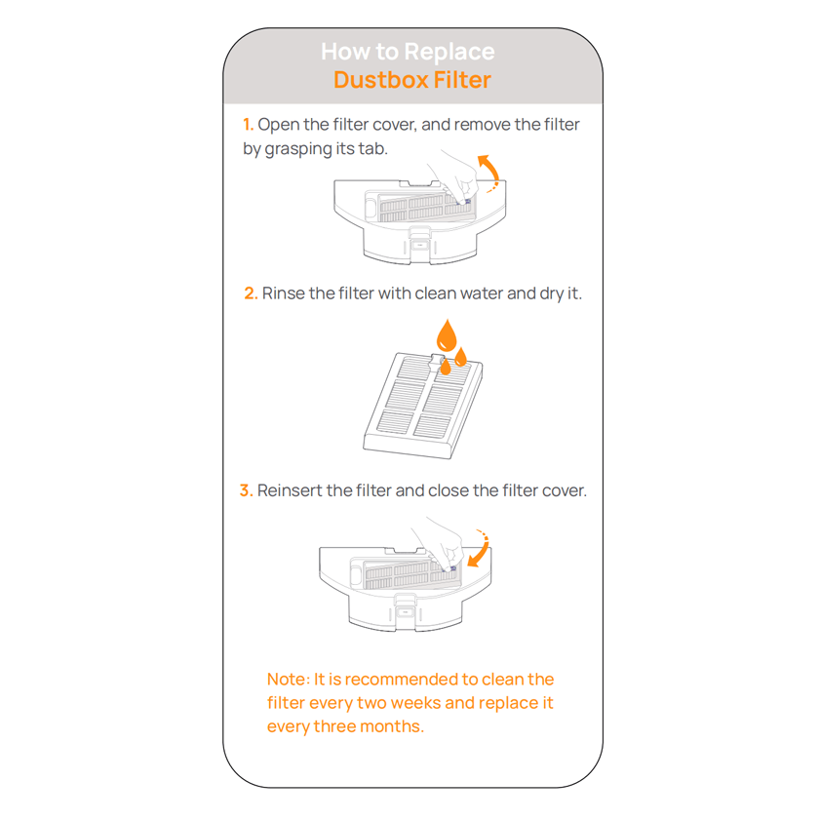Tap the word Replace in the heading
449,52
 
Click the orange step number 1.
248,125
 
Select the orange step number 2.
251,293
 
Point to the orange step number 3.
246,490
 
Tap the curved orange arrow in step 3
480,549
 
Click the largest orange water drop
446,335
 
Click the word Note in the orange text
288,680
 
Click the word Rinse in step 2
284,293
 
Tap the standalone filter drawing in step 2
421,403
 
